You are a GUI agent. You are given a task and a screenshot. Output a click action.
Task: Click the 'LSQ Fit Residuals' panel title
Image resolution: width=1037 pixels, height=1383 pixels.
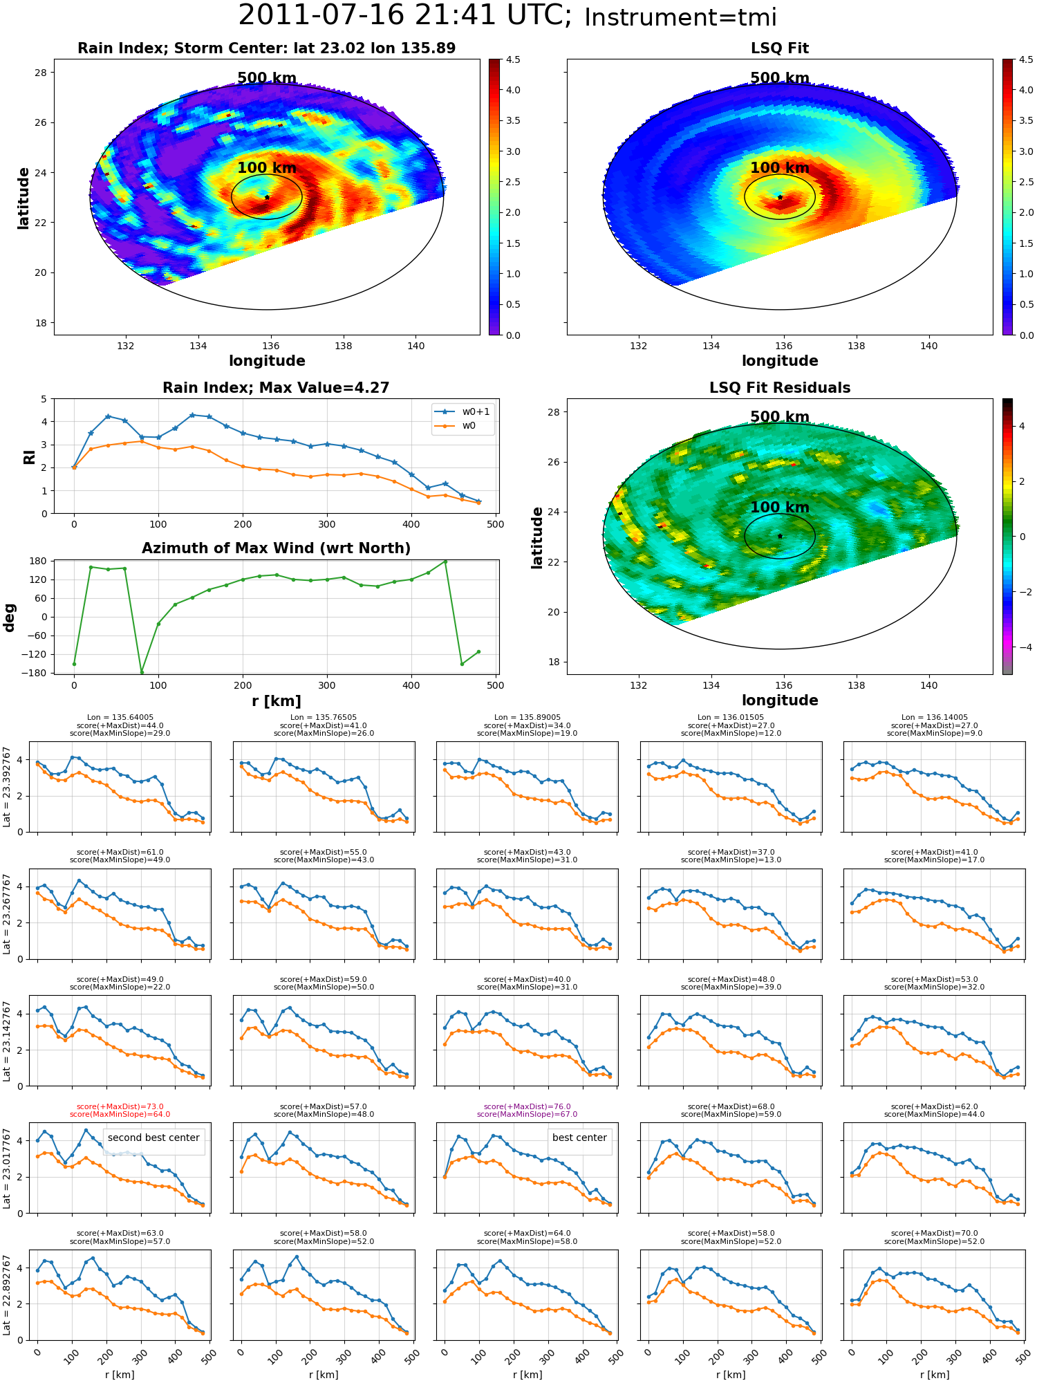tap(780, 388)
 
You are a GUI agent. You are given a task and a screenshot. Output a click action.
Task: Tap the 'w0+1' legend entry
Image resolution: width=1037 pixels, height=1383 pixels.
tap(463, 411)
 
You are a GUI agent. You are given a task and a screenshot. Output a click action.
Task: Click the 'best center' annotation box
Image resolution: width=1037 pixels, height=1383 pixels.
tap(579, 1138)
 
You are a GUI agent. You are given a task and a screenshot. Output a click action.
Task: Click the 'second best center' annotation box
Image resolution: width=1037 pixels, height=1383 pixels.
tap(153, 1138)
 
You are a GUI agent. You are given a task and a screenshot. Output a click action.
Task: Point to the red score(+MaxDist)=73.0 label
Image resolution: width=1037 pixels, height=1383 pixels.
tap(120, 1106)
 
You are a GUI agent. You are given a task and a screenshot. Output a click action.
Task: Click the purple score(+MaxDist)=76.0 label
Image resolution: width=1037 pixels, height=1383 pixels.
tap(527, 1106)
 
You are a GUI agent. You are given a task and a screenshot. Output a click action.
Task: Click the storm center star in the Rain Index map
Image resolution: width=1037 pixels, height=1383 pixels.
tap(267, 197)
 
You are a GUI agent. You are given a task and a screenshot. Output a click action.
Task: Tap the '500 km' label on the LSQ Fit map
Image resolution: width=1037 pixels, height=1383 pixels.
tap(780, 78)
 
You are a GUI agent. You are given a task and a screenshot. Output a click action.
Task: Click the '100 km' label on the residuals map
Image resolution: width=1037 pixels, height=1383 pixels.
tap(780, 507)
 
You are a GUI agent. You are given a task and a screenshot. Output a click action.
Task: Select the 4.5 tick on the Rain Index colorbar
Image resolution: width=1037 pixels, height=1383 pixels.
tap(512, 59)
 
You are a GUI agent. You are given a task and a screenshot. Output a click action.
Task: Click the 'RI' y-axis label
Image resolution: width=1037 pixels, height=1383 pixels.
tap(29, 456)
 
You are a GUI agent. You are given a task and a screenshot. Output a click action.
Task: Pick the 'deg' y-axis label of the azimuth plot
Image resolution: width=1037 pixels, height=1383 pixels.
tap(10, 618)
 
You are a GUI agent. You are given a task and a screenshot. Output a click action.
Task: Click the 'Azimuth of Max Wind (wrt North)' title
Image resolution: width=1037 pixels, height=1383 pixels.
tap(276, 548)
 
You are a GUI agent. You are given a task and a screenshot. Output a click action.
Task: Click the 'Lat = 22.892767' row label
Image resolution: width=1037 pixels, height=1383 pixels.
tap(7, 1295)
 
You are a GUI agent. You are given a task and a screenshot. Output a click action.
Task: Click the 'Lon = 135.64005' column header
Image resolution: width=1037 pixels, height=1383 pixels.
tap(120, 718)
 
